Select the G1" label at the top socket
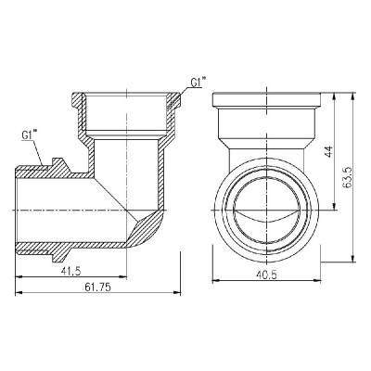(197, 83)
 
